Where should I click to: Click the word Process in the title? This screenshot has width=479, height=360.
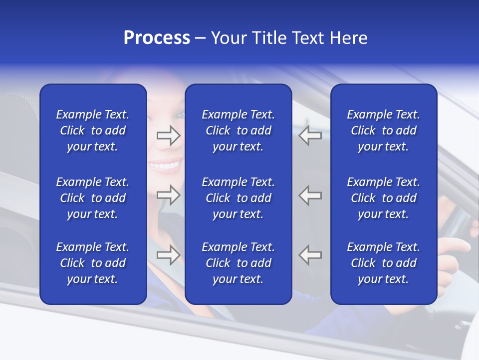click(157, 38)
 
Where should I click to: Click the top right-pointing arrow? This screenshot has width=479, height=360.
click(168, 135)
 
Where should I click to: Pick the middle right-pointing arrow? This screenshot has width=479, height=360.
click(168, 195)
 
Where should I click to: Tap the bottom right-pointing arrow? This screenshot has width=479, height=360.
click(168, 255)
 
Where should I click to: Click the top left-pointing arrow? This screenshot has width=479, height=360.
click(310, 135)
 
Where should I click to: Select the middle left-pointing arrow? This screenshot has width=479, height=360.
click(310, 195)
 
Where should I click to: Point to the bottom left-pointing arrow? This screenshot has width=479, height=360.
click(310, 255)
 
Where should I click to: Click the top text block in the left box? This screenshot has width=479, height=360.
click(93, 130)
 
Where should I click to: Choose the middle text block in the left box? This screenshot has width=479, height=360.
click(93, 198)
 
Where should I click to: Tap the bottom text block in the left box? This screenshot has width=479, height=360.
click(93, 263)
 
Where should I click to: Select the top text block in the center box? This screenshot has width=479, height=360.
click(238, 130)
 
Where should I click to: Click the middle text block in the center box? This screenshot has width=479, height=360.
click(238, 198)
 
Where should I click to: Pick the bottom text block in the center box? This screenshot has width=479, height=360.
click(238, 263)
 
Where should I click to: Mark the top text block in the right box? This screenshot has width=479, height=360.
click(383, 130)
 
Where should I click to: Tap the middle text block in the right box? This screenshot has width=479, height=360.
click(383, 198)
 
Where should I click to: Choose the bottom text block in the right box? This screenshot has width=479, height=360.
click(383, 263)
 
